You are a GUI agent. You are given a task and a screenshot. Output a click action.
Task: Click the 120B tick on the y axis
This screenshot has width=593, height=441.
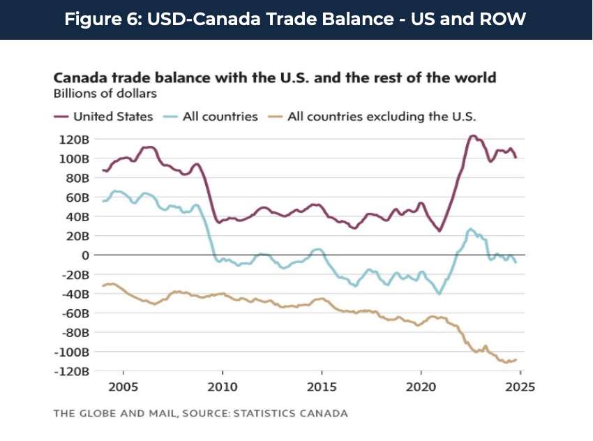[73, 139]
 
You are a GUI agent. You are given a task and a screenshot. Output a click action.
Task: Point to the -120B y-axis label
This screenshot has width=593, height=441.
[71, 371]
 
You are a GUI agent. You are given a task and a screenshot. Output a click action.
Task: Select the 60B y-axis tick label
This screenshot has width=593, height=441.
[76, 197]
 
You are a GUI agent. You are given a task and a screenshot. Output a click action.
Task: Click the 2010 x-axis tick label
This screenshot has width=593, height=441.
[223, 385]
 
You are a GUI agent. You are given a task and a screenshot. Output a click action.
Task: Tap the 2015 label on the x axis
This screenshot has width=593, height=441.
[322, 385]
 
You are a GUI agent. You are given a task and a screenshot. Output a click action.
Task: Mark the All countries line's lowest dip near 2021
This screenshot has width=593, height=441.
[439, 293]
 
